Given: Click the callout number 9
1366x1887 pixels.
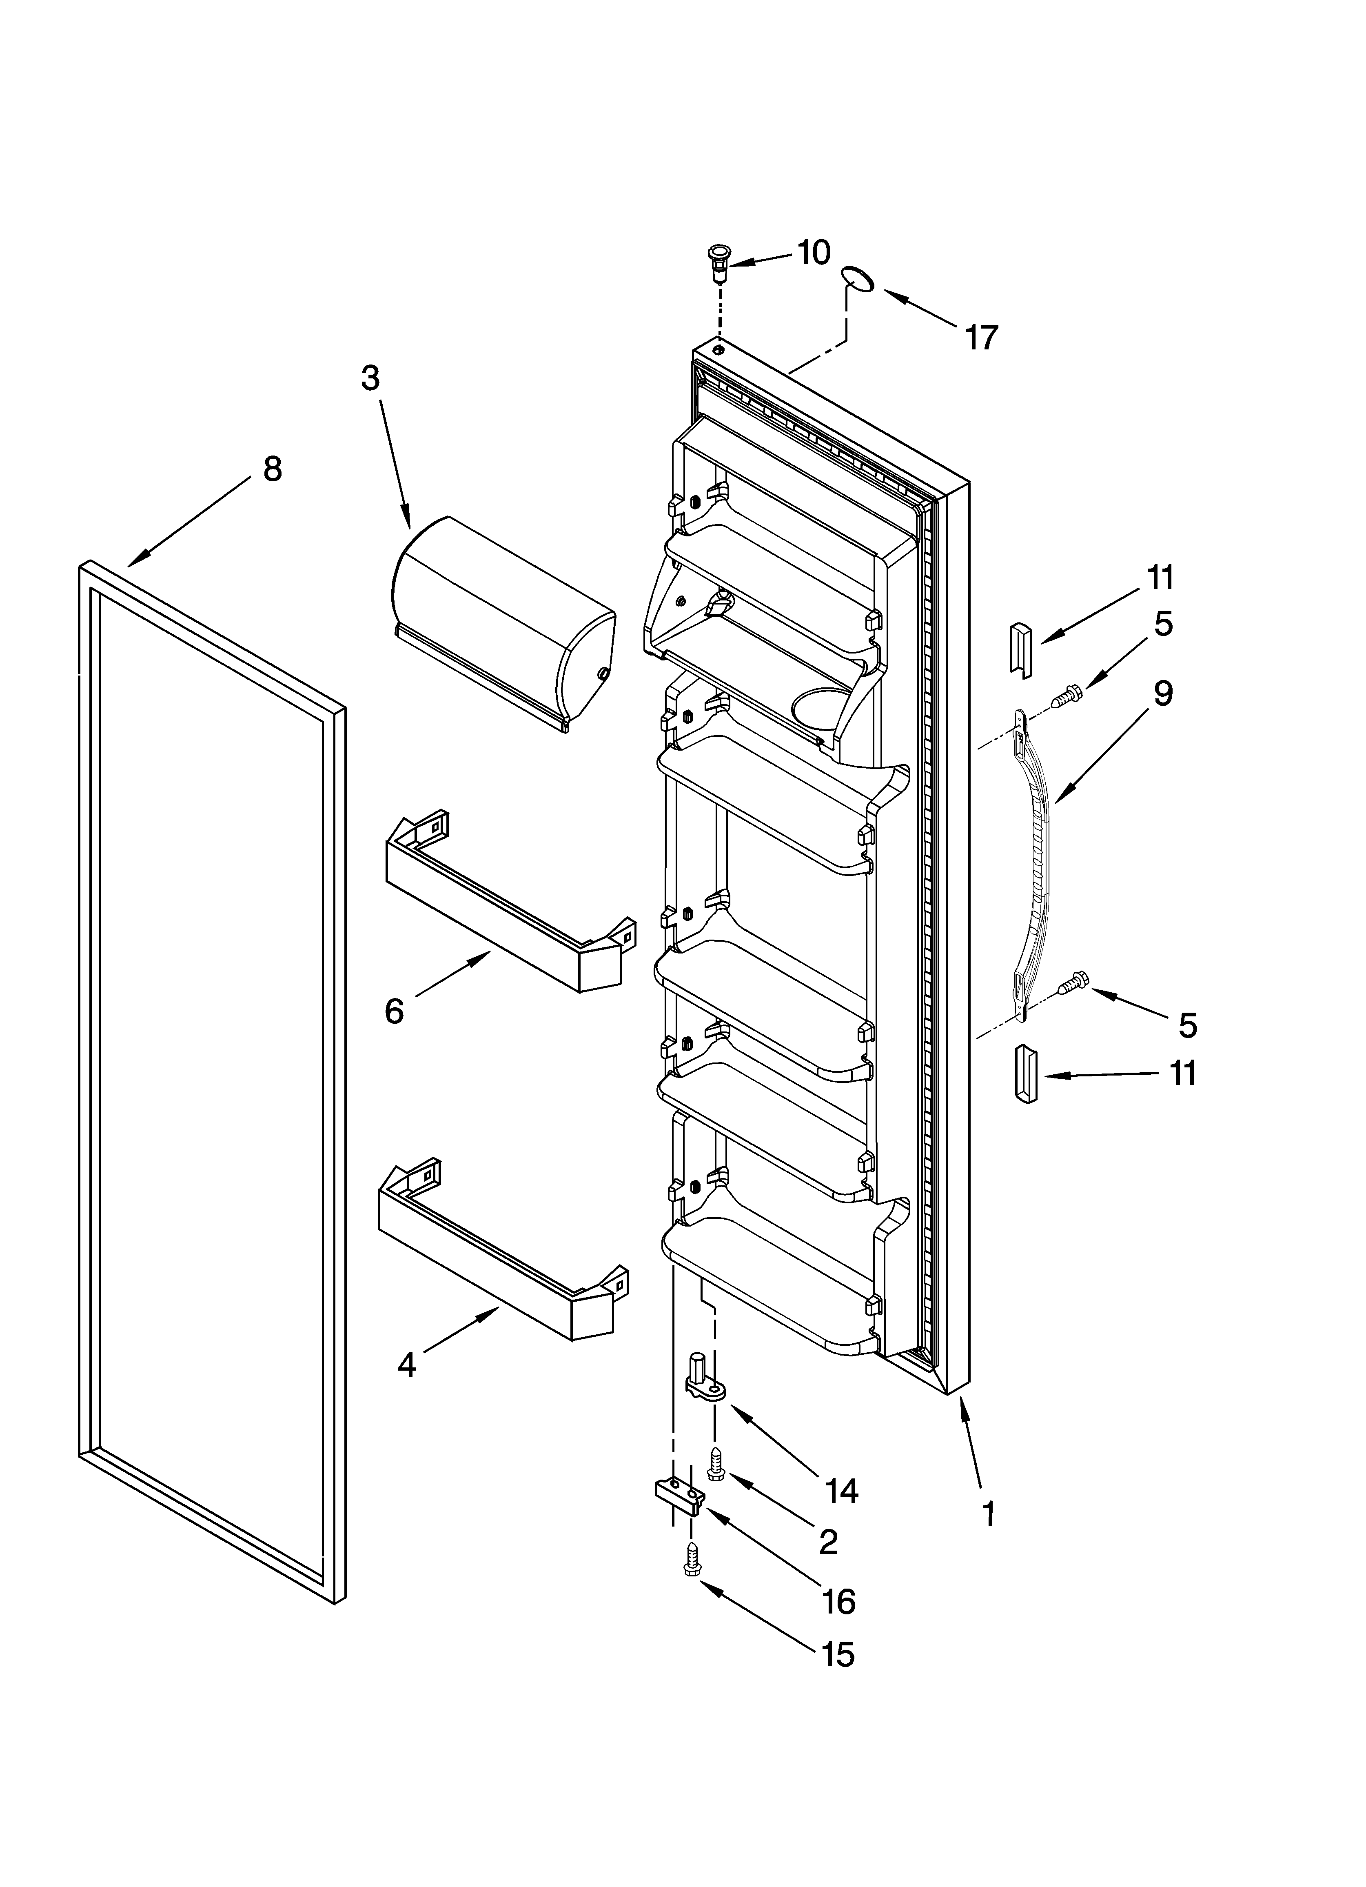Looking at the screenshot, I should pos(1163,693).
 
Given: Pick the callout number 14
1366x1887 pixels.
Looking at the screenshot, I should pos(842,1491).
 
